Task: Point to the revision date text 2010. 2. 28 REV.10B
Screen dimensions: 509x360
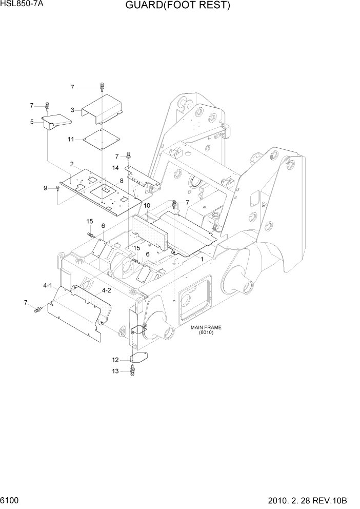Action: [x=311, y=500]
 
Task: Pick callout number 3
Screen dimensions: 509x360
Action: [x=73, y=110]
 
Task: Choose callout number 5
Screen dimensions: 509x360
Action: [x=32, y=122]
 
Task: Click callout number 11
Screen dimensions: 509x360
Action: [x=71, y=139]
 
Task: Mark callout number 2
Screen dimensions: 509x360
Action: [x=72, y=164]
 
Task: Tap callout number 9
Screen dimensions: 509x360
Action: [x=45, y=188]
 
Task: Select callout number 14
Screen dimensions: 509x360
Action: [x=116, y=168]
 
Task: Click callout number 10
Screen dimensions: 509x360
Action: [x=146, y=205]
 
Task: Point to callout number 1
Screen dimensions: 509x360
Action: [x=202, y=260]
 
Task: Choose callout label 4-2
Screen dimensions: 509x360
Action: [x=107, y=291]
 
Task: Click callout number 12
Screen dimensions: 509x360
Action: [x=116, y=360]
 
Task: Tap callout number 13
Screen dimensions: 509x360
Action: [x=116, y=371]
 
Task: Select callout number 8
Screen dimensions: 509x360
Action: [x=122, y=181]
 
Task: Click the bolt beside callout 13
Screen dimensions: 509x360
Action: [x=132, y=369]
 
